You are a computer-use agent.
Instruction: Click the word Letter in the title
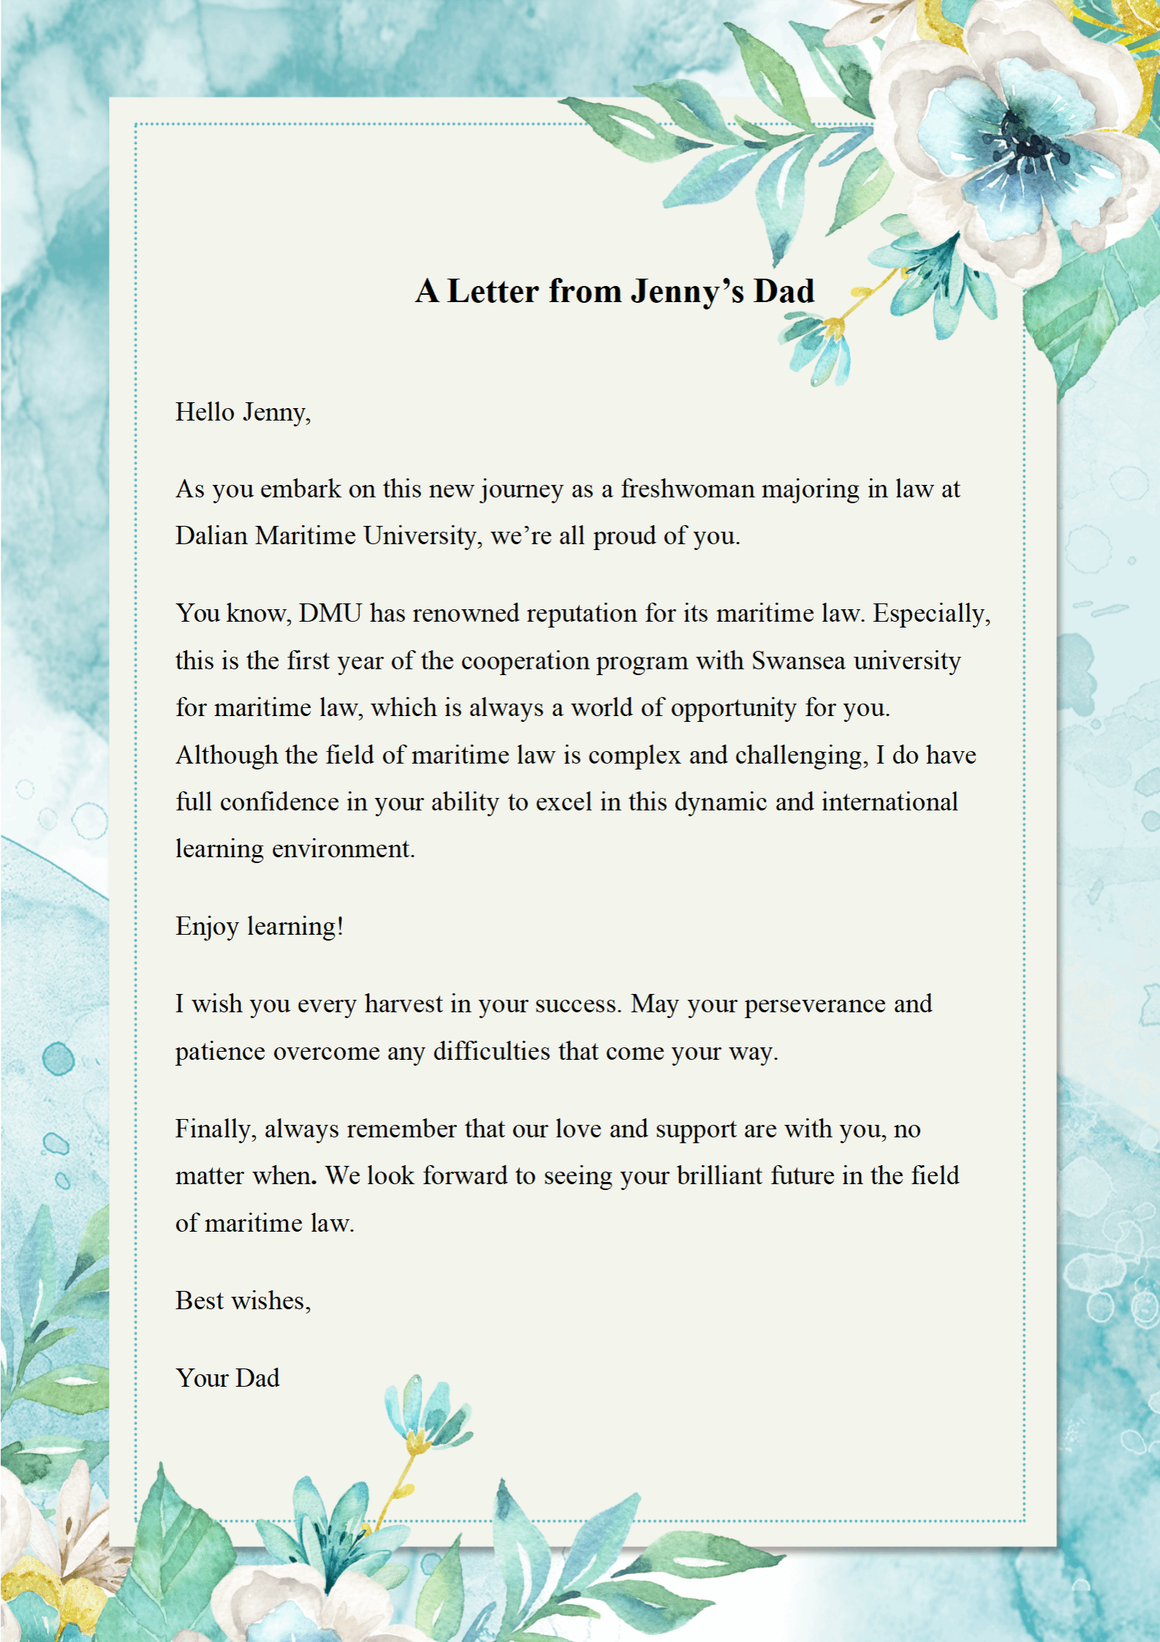point(493,291)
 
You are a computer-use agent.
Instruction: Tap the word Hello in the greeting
point(205,412)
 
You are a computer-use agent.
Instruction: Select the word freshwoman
point(687,489)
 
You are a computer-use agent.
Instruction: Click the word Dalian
point(211,535)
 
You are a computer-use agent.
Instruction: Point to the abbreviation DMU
point(330,613)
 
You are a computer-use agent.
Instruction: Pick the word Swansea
point(798,660)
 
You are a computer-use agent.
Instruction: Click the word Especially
point(931,613)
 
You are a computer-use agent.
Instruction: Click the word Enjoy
point(207,927)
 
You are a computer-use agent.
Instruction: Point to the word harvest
point(404,1004)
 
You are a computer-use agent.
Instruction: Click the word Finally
point(215,1129)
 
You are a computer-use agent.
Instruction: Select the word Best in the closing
point(200,1300)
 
